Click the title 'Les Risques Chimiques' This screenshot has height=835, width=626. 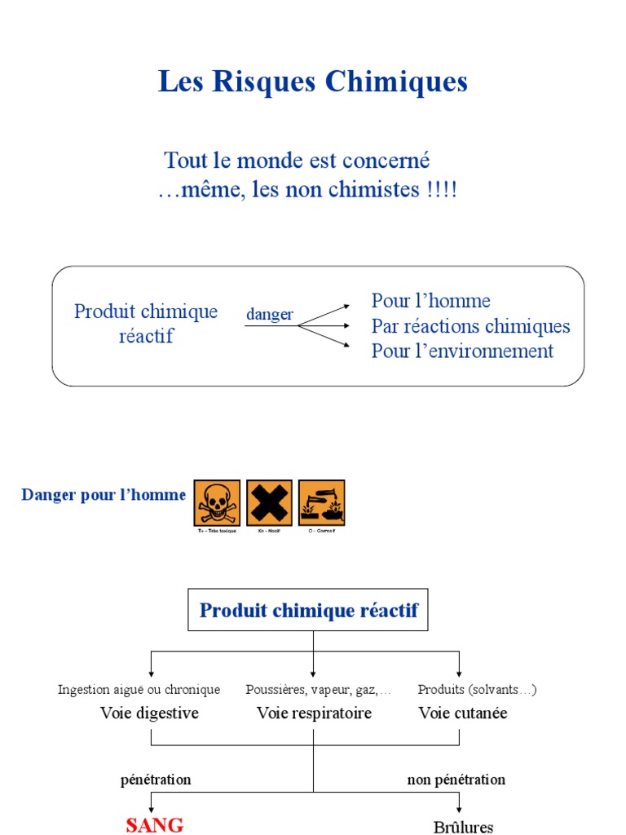pos(313,82)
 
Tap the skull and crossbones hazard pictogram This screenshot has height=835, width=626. pos(217,503)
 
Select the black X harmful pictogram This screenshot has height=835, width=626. pos(269,503)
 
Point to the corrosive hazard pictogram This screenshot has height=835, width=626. pos(321,503)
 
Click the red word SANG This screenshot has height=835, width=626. pos(155,824)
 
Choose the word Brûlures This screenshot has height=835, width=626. pos(463,827)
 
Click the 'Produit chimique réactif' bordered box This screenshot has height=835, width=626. pos(309,610)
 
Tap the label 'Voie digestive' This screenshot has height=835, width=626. pos(149,713)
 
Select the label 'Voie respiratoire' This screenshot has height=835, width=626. pos(314,713)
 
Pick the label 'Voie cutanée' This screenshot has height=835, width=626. pos(463,713)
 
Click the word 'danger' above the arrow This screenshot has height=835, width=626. pos(270,315)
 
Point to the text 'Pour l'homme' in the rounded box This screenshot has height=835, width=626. pos(431,301)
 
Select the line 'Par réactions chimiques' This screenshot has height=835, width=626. pos(471,326)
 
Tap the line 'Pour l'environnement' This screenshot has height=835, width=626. pos(463,351)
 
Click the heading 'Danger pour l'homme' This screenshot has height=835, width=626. pos(104,495)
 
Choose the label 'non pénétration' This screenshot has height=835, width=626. pos(456,780)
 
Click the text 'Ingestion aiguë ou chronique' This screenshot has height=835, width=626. pos(139,690)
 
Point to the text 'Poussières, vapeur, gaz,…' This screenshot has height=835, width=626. pos(319,690)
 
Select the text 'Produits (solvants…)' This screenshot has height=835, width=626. pos(477,690)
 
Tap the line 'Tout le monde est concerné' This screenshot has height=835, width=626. pos(297,160)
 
